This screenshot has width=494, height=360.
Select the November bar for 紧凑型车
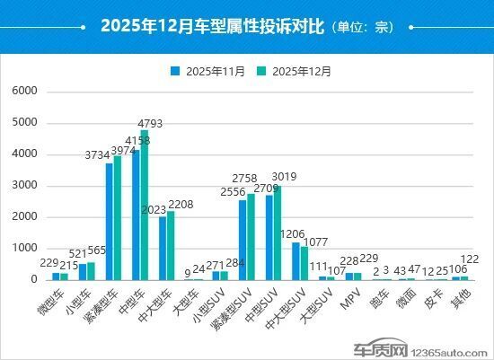point(109,221)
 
